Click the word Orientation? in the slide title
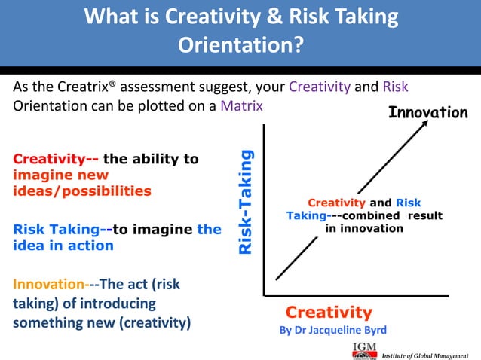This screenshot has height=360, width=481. point(240,45)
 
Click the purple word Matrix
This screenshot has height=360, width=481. point(241,105)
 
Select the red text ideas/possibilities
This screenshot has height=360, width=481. point(82,191)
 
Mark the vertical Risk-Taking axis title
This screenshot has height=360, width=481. point(246,201)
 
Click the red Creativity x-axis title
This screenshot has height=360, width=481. point(328,312)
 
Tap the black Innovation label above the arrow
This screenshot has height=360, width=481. point(427,113)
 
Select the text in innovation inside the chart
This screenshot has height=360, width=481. point(364,229)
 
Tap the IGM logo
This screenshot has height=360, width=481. point(364,349)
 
